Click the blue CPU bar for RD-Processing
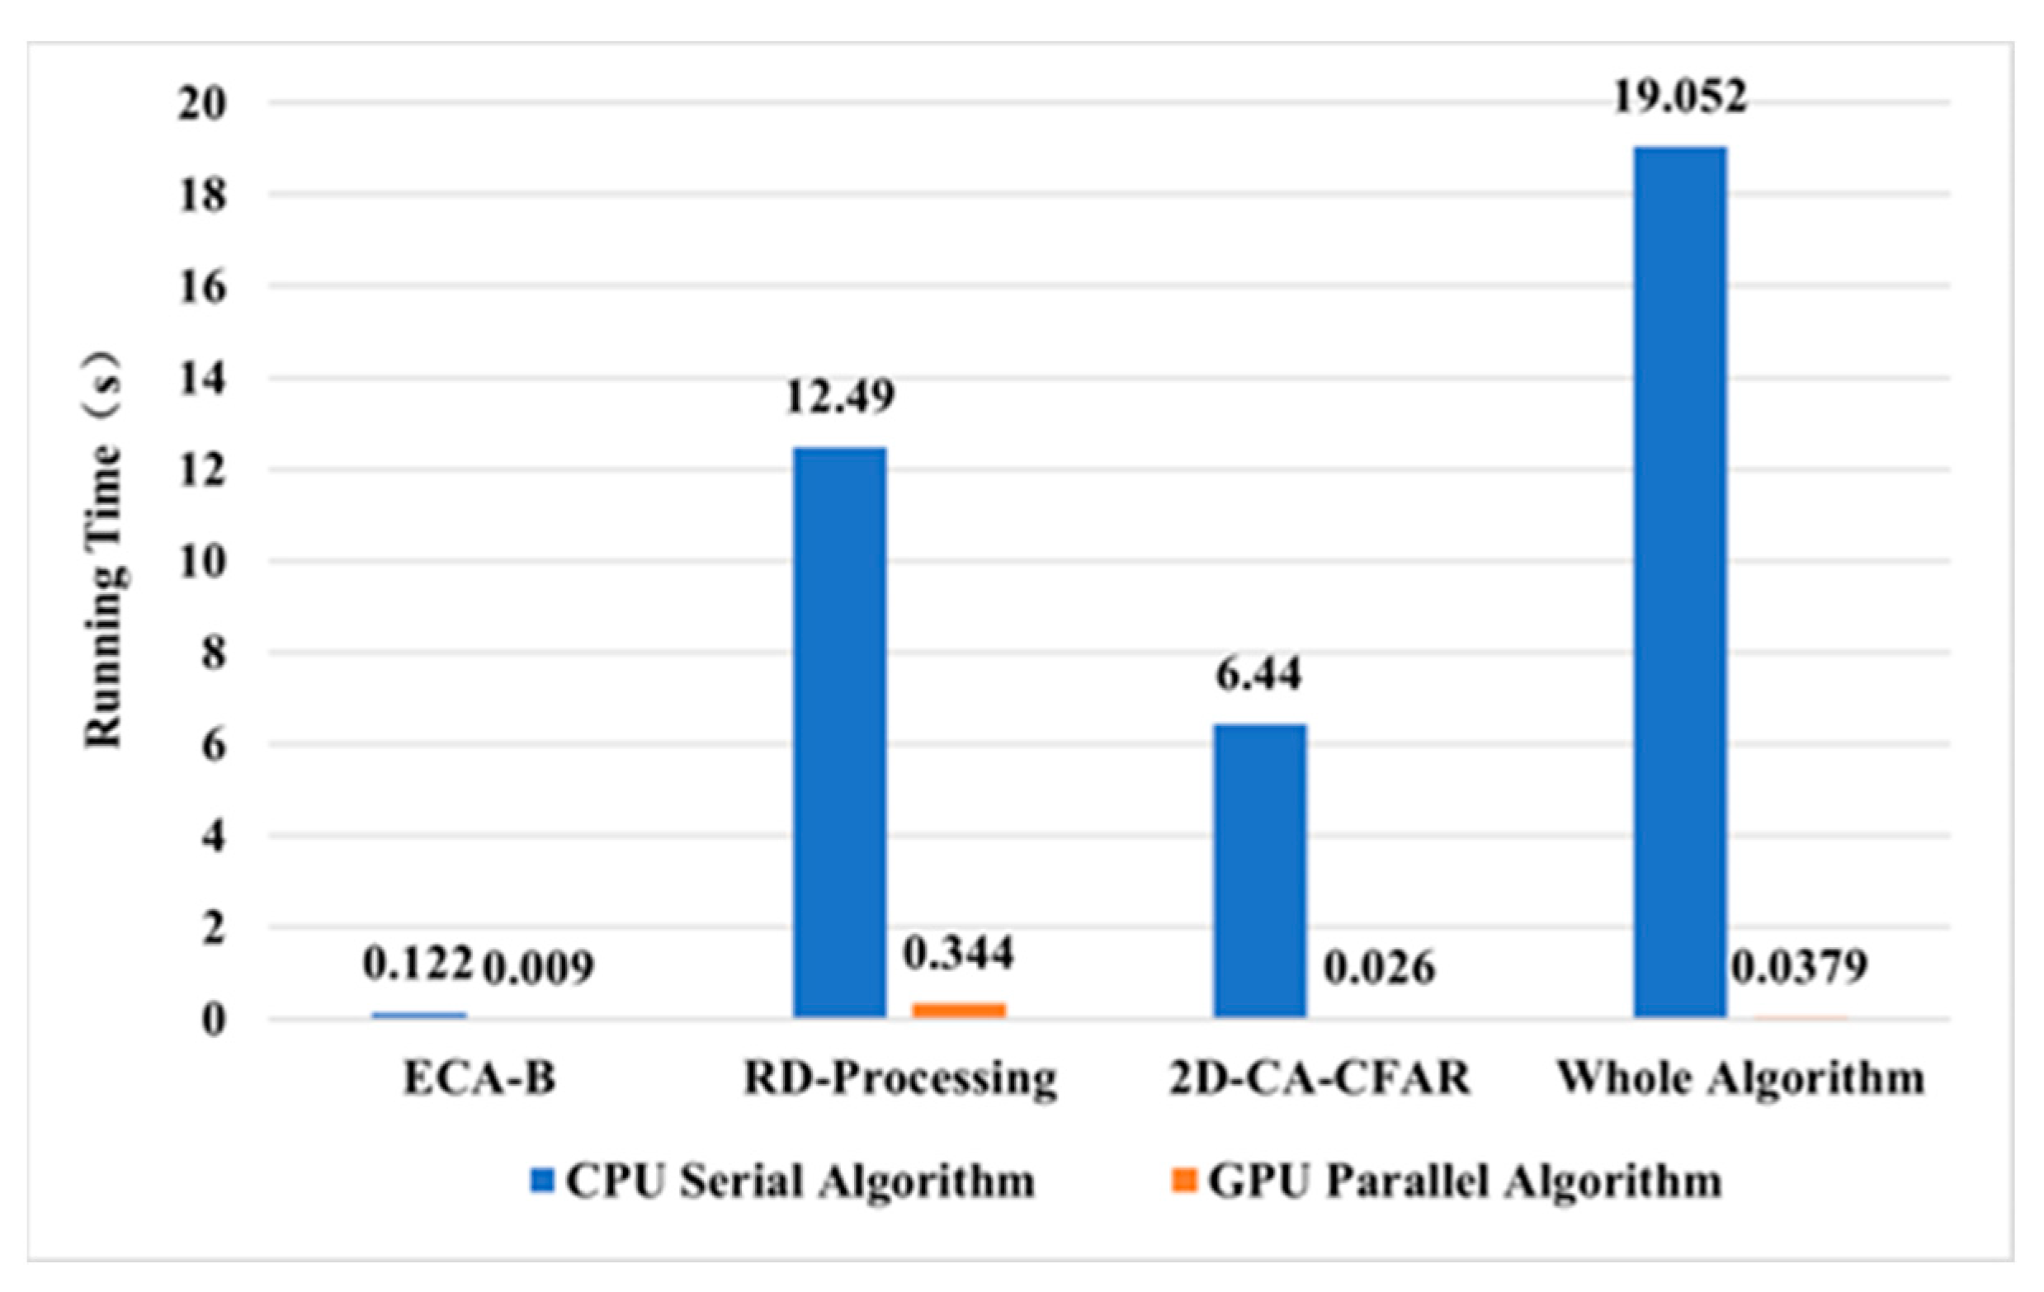click(x=839, y=732)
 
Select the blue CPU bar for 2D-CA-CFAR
click(x=1260, y=870)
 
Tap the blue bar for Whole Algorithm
click(x=1681, y=582)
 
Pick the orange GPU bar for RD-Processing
click(x=959, y=1009)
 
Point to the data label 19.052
click(x=1680, y=97)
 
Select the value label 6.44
click(x=1258, y=675)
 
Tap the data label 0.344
click(x=958, y=952)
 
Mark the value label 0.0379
click(x=1800, y=967)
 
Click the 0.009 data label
click(x=538, y=969)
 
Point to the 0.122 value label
click(x=418, y=964)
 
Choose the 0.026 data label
click(x=1380, y=968)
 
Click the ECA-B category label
click(x=479, y=1079)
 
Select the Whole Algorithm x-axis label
click(x=1740, y=1079)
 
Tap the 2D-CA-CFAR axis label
click(x=1320, y=1079)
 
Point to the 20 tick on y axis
click(x=202, y=105)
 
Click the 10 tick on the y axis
click(x=202, y=562)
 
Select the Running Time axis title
click(x=103, y=552)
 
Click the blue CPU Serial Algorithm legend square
click(x=542, y=1181)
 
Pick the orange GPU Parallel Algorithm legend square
click(x=1183, y=1181)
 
